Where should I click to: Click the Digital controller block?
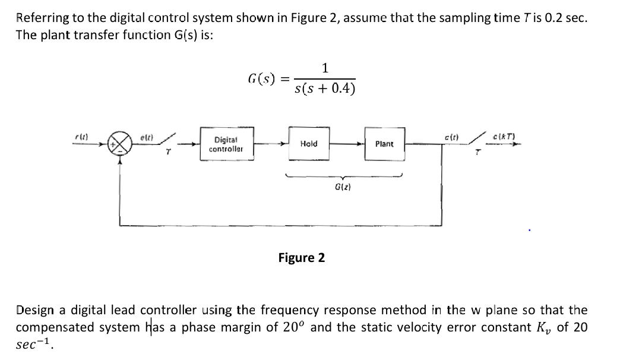click(226, 144)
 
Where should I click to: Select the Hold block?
click(309, 144)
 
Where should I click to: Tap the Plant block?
click(384, 144)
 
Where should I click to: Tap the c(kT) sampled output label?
click(503, 137)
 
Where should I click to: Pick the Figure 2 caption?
click(302, 257)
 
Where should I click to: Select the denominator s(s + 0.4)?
click(325, 89)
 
